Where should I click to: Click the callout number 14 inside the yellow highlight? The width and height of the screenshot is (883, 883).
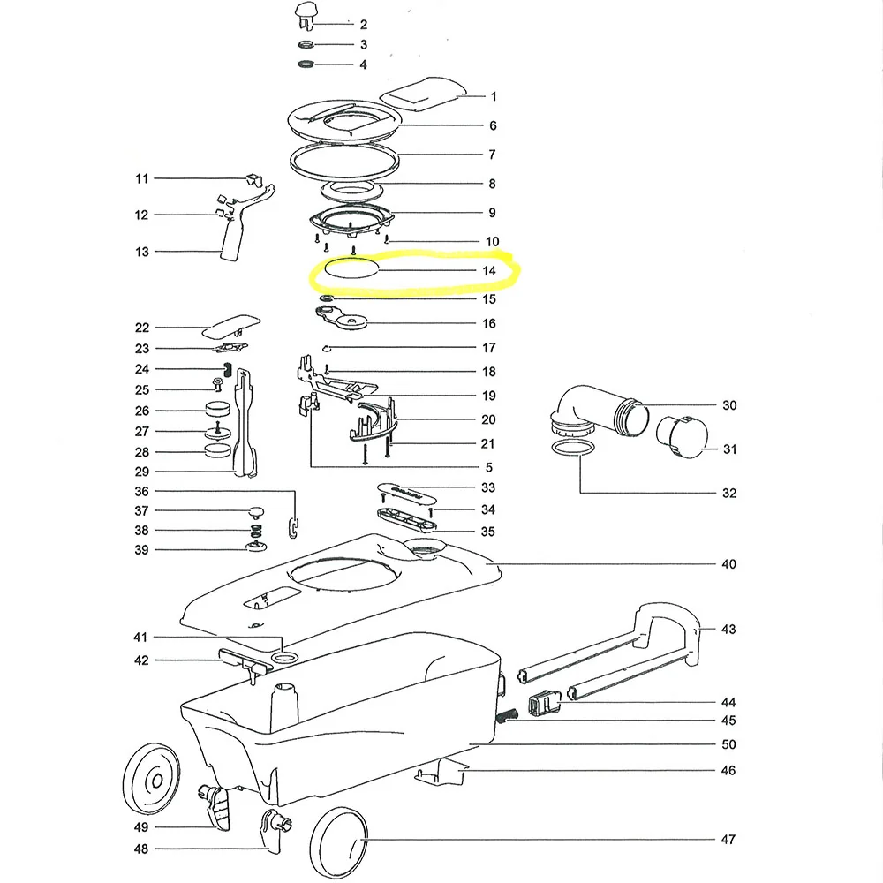pos(489,271)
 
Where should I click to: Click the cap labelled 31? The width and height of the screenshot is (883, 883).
pos(682,436)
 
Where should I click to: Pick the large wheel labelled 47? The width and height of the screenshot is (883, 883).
pos(338,841)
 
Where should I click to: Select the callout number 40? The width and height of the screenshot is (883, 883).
pos(728,563)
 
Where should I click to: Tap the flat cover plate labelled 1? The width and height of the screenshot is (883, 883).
pos(423,94)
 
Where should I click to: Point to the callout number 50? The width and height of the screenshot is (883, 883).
pos(728,744)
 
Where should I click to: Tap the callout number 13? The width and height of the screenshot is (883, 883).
pos(142,252)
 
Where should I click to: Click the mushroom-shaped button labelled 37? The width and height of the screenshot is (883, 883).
pos(256,512)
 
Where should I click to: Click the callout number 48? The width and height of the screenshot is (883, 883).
pos(140,849)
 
